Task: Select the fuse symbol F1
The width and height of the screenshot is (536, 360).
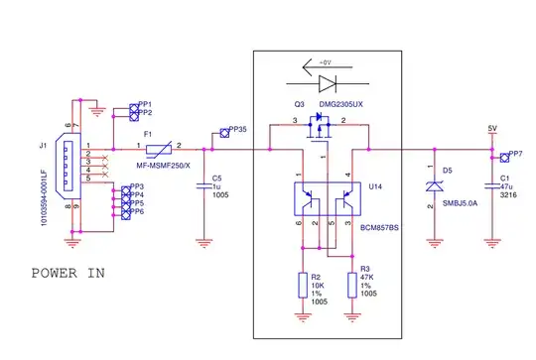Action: [162, 149]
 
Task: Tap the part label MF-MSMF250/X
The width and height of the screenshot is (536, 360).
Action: [163, 165]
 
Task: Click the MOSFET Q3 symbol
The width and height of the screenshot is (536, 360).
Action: [320, 127]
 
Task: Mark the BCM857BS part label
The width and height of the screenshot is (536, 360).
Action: [379, 227]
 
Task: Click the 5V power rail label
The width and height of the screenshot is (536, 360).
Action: [491, 129]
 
